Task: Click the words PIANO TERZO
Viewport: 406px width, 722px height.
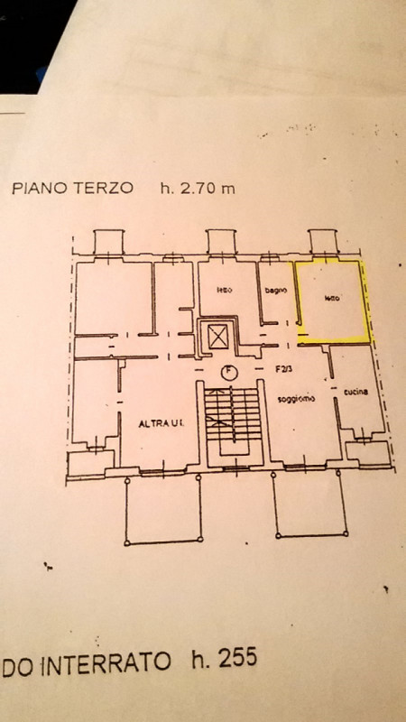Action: tap(73, 189)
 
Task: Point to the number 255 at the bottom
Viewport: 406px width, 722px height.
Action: tap(236, 660)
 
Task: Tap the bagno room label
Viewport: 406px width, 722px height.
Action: tap(275, 290)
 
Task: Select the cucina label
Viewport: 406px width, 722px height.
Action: tap(353, 393)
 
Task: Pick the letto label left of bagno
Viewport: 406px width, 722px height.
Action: tap(225, 290)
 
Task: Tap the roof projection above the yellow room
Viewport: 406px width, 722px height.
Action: tap(322, 241)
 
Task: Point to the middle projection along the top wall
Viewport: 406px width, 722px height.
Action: tap(220, 241)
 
